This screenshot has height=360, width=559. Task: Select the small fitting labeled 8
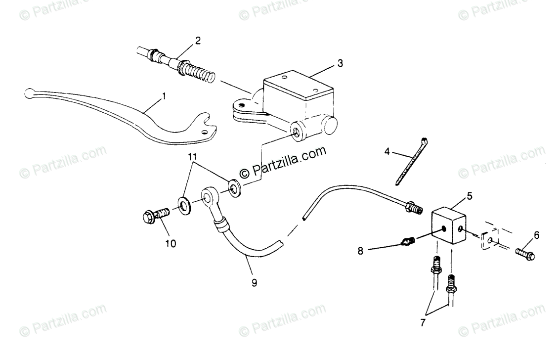click(x=406, y=242)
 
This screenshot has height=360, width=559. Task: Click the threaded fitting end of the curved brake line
click(x=413, y=209)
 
